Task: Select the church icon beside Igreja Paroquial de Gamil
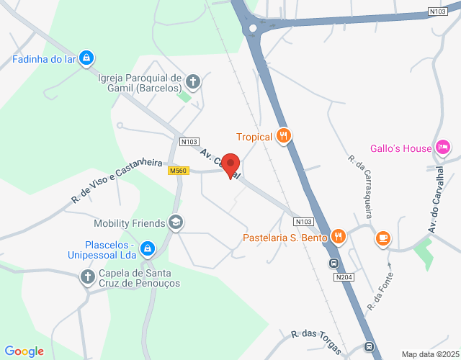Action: [193, 82]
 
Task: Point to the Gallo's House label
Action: [400, 148]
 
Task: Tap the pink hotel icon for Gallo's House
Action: [443, 148]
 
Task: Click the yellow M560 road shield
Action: [179, 171]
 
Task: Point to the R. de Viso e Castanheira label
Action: [116, 180]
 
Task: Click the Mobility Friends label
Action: [130, 223]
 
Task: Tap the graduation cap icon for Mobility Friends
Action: [175, 223]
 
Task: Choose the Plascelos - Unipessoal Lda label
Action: [110, 249]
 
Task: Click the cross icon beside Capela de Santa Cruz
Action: [87, 276]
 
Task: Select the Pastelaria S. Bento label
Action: [285, 237]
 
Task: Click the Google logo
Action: [24, 351]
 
